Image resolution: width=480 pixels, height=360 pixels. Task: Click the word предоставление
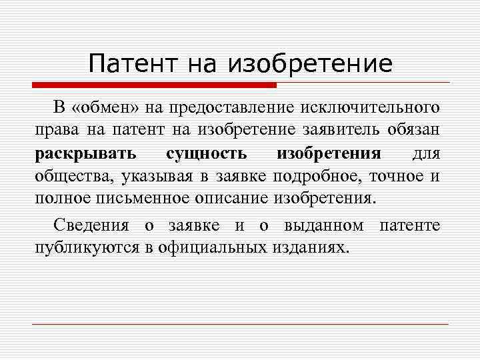click(x=235, y=108)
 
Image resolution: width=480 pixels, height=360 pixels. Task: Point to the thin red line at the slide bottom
click(x=240, y=324)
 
